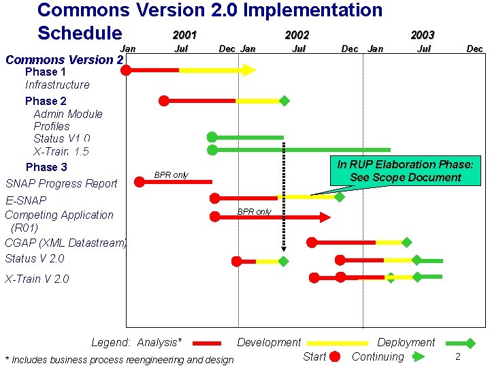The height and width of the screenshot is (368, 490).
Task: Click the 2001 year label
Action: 184,35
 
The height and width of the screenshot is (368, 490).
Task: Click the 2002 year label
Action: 297,35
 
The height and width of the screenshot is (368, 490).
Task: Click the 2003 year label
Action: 422,35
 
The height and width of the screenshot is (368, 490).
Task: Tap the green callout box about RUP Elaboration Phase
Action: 405,171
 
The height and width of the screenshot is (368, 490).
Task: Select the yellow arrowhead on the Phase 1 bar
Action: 249,70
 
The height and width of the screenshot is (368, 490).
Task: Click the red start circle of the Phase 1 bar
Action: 126,70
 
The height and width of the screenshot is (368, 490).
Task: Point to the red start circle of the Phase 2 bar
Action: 163,101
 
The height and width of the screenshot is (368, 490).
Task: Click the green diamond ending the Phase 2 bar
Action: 284,101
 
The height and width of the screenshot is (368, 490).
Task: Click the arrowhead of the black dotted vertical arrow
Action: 284,247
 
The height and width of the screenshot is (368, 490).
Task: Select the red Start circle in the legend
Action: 334,356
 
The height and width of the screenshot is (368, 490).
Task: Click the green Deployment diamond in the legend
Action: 469,343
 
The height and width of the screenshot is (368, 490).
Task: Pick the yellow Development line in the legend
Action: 337,343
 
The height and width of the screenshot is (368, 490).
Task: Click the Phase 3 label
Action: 46,167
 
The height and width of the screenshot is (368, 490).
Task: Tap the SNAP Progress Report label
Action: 61,183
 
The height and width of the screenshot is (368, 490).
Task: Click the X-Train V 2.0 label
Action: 37,279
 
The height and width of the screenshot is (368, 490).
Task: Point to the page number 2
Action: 458,357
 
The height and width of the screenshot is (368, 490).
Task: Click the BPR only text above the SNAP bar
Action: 171,175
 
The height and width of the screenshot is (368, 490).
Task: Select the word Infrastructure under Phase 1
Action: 57,85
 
